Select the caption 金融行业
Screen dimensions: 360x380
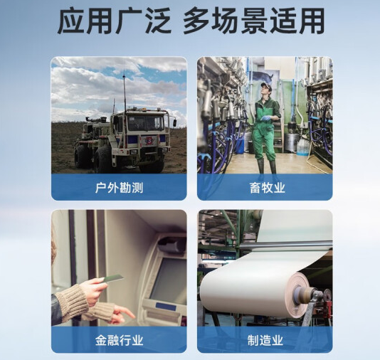click(119, 340)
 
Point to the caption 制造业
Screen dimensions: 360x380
click(264, 340)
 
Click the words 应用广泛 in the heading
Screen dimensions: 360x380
click(114, 21)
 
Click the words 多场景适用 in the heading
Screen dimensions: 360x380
click(253, 21)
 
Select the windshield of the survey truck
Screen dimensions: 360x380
click(146, 124)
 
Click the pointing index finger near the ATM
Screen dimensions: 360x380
click(129, 313)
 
